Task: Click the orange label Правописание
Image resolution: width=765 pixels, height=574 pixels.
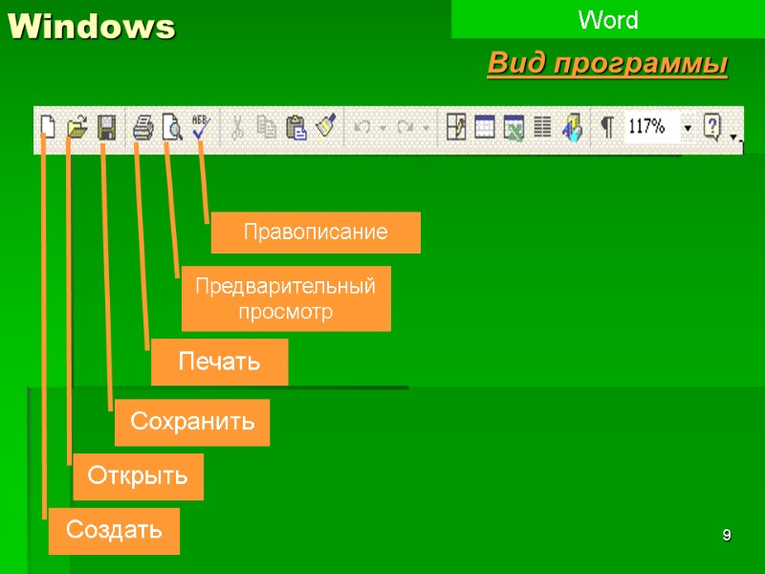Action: coord(315,232)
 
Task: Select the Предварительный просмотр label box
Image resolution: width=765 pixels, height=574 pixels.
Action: coord(286,298)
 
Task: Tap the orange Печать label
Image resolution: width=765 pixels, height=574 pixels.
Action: coord(219,363)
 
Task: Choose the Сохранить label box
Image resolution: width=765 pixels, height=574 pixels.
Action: coord(192,422)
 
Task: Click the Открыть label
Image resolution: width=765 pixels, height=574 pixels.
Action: coord(138,476)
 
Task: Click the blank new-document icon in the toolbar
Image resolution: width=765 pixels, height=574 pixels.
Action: coord(48,127)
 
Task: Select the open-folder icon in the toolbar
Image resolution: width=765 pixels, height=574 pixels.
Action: coord(77,127)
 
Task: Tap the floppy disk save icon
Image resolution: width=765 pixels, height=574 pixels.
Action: coord(107,127)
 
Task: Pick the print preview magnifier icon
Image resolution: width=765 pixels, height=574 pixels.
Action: coord(172,127)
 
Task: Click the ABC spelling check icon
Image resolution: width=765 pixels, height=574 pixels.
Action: coord(201,127)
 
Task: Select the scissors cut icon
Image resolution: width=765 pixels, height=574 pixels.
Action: coord(238,127)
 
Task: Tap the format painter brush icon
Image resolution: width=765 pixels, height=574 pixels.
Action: coord(326,127)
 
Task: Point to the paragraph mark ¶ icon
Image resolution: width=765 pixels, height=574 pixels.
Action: coord(606,127)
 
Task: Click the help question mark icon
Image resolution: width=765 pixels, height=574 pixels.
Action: coord(711,127)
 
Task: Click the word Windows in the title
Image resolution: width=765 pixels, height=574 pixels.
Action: coord(92,28)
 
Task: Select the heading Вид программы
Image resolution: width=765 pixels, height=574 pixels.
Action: coord(607,65)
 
